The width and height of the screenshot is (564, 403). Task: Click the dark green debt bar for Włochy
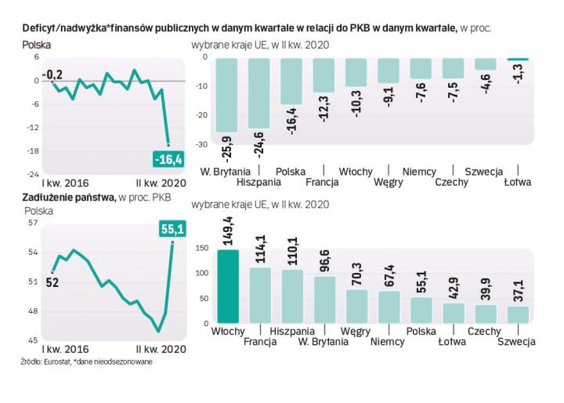click(227, 286)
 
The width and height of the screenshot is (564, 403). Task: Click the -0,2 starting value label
click(52, 74)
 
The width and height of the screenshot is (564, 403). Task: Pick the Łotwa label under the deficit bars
click(518, 183)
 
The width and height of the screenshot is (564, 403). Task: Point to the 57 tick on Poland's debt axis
click(33, 223)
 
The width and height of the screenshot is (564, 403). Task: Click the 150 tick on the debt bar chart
click(201, 249)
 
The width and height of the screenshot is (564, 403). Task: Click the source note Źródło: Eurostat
click(47, 361)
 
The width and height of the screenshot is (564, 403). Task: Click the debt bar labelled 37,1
click(518, 314)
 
